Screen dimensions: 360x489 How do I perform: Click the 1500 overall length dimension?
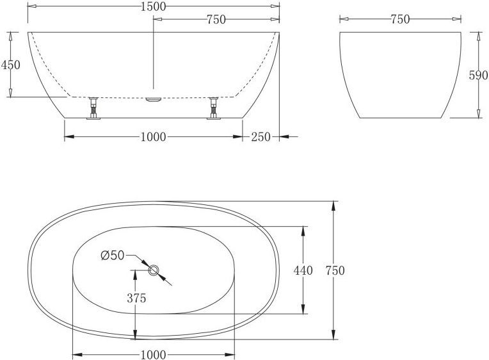click(154, 6)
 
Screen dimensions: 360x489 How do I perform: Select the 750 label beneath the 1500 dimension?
click(216, 20)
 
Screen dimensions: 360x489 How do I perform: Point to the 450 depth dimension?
click(11, 65)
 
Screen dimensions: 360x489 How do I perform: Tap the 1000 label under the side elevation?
click(154, 136)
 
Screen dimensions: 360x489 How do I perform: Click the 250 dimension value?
click(262, 136)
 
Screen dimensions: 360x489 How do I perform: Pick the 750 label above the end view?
click(400, 20)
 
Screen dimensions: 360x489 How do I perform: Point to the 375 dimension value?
click(136, 298)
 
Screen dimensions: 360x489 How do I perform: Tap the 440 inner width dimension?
click(303, 270)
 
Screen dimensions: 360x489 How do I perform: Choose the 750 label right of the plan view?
click(334, 270)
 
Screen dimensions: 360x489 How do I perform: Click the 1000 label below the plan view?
click(154, 354)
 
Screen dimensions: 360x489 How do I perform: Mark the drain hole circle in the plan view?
click(154, 270)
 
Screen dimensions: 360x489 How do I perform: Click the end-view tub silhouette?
click(400, 74)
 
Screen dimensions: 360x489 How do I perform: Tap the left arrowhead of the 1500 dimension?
click(31, 6)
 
